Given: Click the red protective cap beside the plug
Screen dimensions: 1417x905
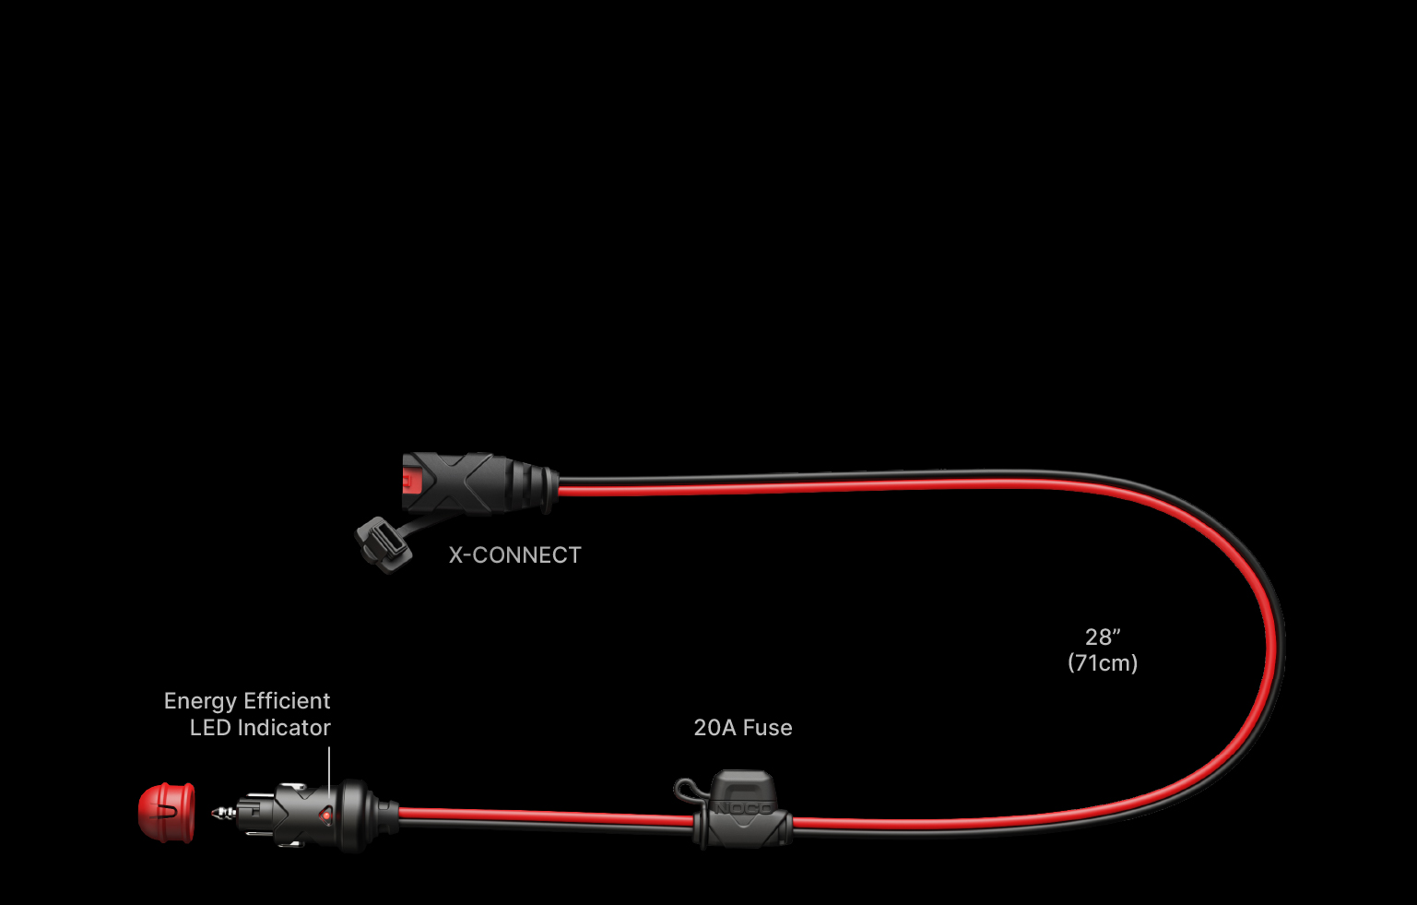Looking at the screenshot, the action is coord(166,813).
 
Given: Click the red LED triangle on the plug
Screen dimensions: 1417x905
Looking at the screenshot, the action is coord(325,816).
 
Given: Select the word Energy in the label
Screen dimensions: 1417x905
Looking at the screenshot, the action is coord(200,701).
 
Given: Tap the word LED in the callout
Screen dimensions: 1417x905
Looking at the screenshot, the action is coord(210,728).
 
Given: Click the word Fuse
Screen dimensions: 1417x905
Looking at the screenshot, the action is coord(768,728).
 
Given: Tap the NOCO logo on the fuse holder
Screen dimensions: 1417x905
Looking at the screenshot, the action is coord(743,808).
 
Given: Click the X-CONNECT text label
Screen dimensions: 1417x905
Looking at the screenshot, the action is coord(515,555).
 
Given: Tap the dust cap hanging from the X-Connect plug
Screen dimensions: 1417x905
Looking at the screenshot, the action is coord(384,545).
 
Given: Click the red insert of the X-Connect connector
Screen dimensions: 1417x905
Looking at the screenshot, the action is coord(411,481).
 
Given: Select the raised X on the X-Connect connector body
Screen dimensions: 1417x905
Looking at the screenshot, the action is coord(465,482).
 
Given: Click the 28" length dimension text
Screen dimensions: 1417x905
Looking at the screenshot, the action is coord(1103,637).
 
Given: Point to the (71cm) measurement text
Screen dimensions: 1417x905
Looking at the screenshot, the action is coord(1103,662).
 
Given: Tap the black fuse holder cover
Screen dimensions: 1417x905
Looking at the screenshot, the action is coord(742,808).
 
